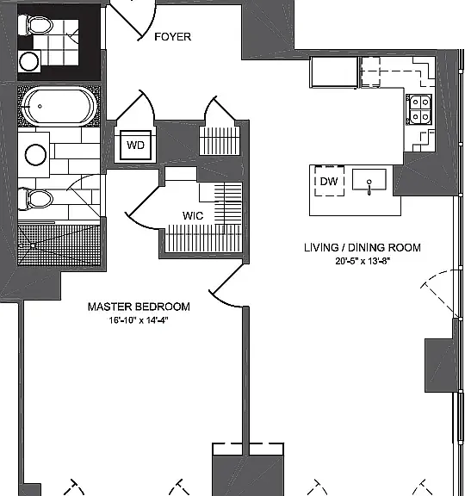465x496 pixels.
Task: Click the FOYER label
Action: (x=173, y=37)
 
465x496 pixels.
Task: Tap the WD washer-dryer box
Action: (x=135, y=146)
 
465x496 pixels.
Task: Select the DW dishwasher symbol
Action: (x=329, y=181)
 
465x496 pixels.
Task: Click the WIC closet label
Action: (x=193, y=216)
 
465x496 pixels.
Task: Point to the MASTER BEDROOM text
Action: (x=139, y=307)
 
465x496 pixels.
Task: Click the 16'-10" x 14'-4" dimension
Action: (x=139, y=320)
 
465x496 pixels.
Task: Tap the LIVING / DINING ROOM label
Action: (x=363, y=247)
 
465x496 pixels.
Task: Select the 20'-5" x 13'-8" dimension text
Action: (x=363, y=261)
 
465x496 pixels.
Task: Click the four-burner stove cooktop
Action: (x=418, y=109)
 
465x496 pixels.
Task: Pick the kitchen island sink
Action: (x=369, y=180)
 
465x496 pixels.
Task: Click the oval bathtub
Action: (x=59, y=107)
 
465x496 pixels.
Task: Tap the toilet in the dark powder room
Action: (x=35, y=25)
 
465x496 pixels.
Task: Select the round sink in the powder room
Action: (x=29, y=61)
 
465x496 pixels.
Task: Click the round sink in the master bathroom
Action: (x=36, y=155)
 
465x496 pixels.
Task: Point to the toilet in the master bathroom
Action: (x=35, y=199)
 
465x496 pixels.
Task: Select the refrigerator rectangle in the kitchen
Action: (x=334, y=72)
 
